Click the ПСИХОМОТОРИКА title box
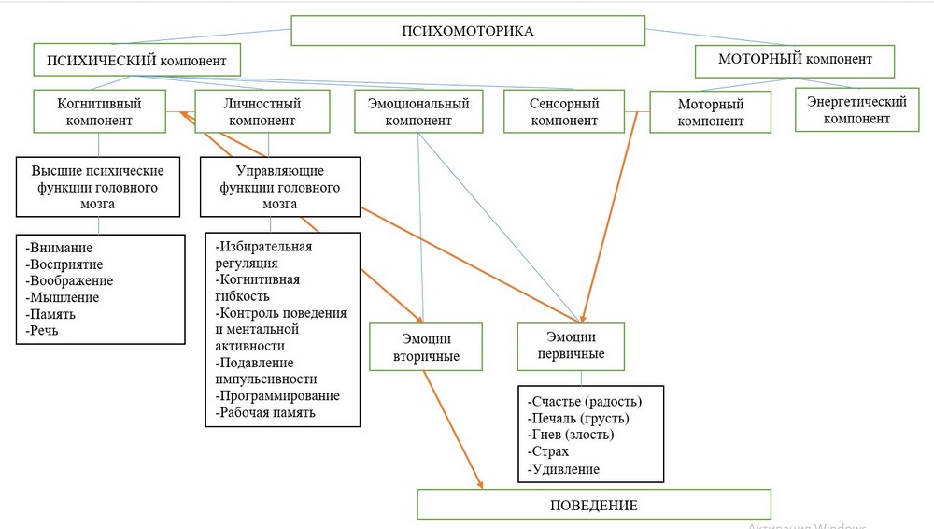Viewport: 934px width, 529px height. [467, 31]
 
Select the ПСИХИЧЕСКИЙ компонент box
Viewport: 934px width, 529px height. [136, 61]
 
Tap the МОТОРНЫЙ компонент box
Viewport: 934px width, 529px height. [795, 60]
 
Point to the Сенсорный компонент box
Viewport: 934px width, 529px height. [564, 112]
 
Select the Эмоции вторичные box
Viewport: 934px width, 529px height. [425, 348]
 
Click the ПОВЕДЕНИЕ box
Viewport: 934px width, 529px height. [594, 505]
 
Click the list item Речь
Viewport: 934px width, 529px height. [44, 330]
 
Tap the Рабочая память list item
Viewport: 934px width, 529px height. [267, 411]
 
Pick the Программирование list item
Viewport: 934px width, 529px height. [277, 395]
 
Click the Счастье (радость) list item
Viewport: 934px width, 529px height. [585, 402]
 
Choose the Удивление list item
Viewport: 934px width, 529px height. [564, 469]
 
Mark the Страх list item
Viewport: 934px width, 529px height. [549, 452]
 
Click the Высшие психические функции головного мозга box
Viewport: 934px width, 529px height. [99, 187]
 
